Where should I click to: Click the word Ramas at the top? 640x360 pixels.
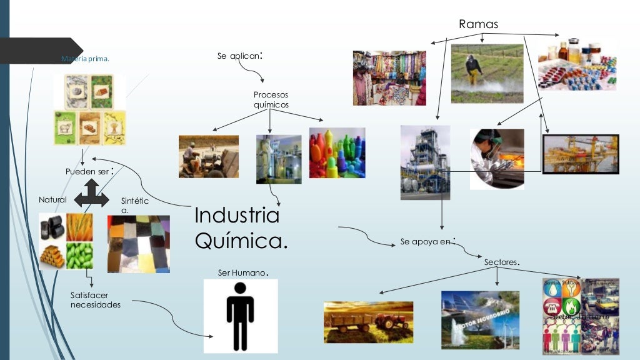pos(478,24)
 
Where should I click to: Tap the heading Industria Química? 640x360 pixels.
pos(241,227)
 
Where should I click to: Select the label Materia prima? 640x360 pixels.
pos(86,59)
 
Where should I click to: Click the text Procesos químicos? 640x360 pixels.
pos(271,99)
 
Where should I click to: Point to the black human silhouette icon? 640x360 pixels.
pos(240,316)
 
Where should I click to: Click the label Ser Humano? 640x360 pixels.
pos(242,272)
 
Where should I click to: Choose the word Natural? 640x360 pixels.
pos(52,199)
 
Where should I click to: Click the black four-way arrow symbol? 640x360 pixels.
pos(91,193)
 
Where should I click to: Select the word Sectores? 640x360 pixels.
pos(502,262)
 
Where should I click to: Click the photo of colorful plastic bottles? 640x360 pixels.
pos(337,153)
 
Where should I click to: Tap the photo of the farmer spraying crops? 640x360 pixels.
pos(487,73)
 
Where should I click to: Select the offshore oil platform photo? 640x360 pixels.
pos(580,154)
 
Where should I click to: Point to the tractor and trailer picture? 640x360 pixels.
pos(368,322)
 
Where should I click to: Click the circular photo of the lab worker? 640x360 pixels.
pos(497,159)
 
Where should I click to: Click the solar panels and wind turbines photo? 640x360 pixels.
pos(479,319)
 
